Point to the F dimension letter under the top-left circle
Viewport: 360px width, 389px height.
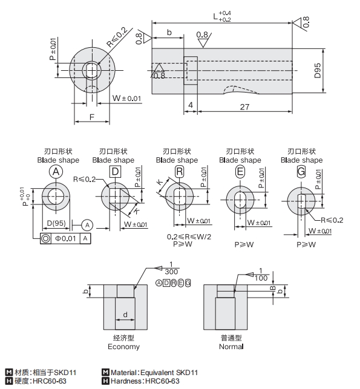[x=91, y=116]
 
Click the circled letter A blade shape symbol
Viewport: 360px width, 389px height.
[x=56, y=172]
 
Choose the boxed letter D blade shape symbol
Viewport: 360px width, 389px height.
[x=114, y=172]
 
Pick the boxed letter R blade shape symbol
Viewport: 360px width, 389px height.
[x=178, y=172]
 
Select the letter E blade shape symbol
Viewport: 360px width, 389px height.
[x=240, y=172]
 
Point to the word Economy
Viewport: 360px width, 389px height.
[x=123, y=347]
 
